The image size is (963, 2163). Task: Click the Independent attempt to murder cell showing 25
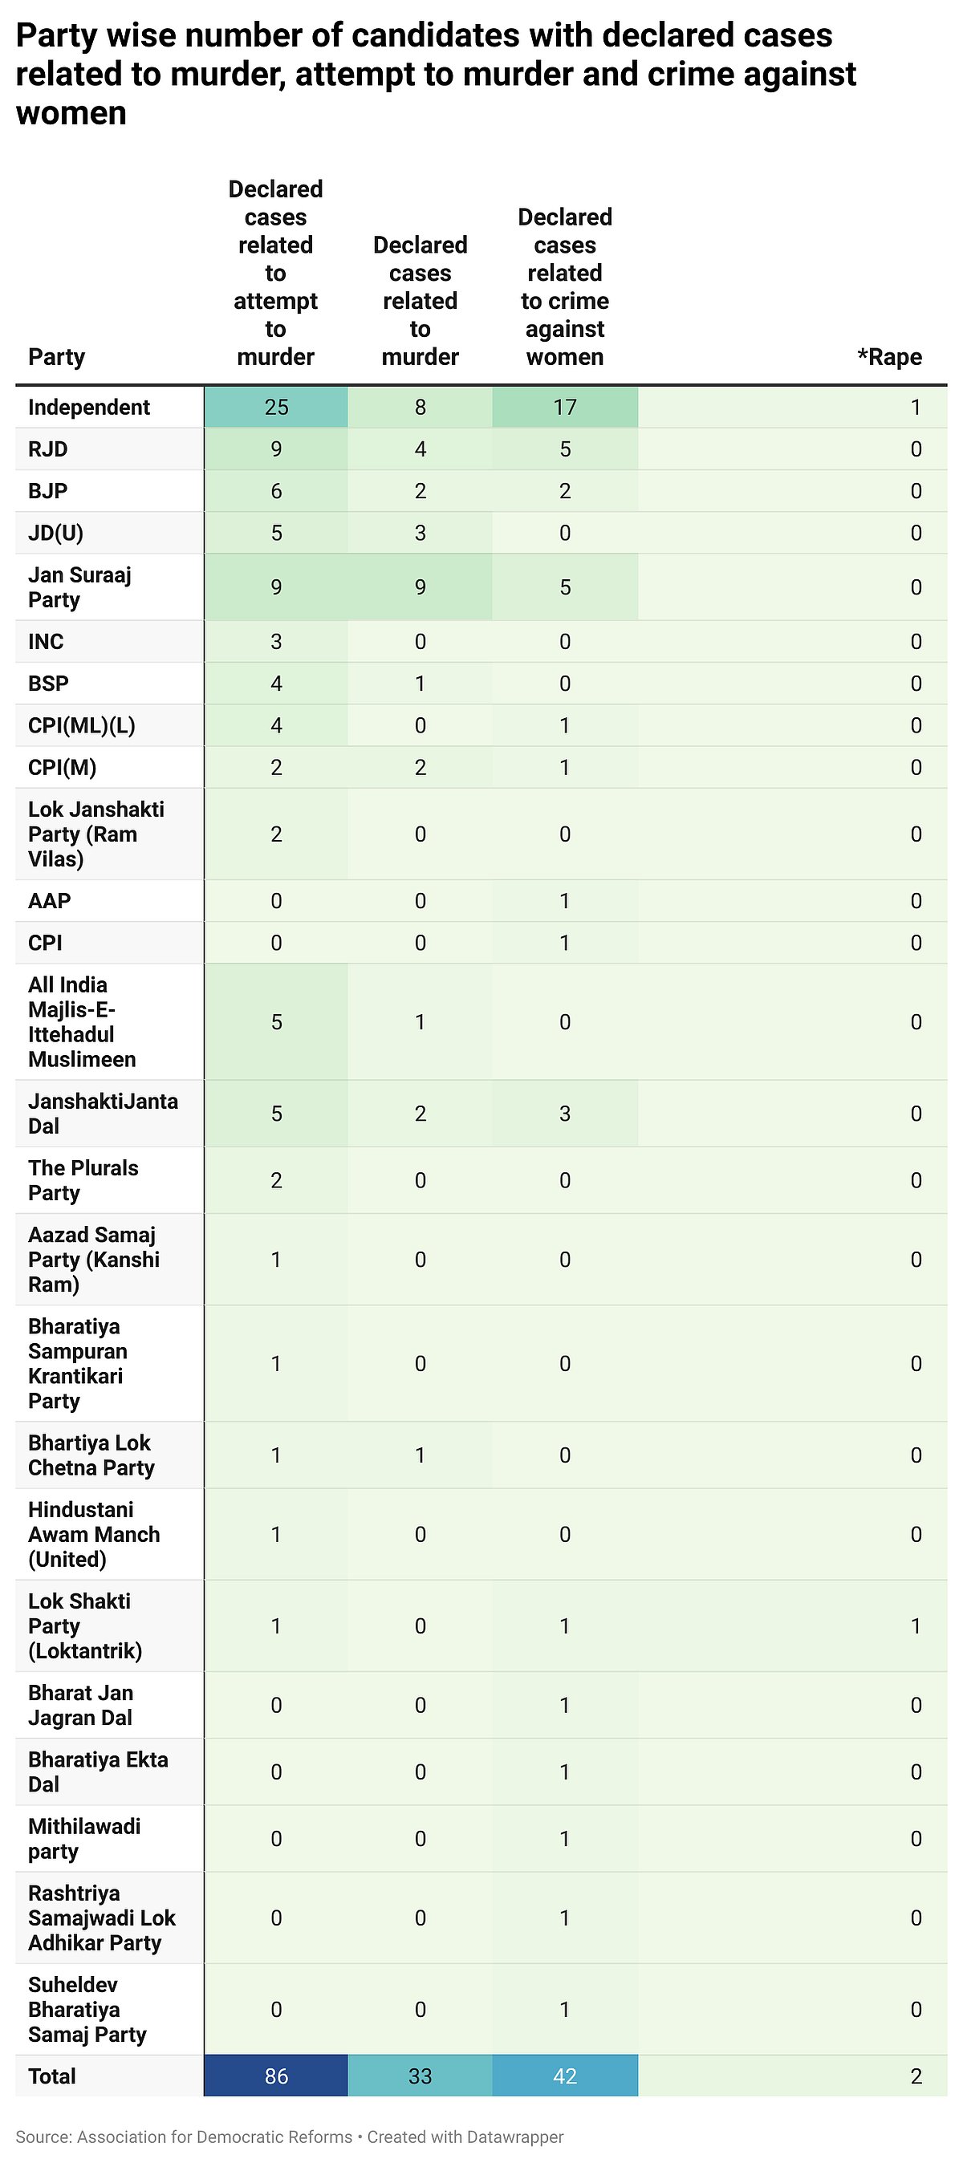tap(276, 408)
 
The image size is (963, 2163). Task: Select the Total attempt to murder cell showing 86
tap(276, 2076)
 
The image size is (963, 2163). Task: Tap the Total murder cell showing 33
tap(420, 2076)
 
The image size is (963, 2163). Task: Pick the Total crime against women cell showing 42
tap(565, 2076)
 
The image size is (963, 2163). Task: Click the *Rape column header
tap(889, 357)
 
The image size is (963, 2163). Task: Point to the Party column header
tap(56, 357)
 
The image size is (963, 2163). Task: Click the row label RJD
tap(48, 449)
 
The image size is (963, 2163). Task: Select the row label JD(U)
tap(55, 534)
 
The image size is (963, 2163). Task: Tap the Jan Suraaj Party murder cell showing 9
tap(420, 587)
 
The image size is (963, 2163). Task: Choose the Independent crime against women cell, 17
tap(565, 408)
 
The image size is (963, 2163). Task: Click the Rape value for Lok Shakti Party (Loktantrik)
tap(916, 1626)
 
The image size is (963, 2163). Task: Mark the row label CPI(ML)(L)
tap(81, 725)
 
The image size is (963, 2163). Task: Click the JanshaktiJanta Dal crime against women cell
tap(565, 1114)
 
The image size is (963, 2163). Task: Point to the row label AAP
tap(50, 901)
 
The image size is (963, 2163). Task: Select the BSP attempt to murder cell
tap(276, 684)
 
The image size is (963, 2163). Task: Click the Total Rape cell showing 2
tap(916, 2076)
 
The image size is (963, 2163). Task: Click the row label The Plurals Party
tap(83, 1180)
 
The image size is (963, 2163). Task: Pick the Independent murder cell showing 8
tap(420, 408)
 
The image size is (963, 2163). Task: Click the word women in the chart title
tap(71, 112)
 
